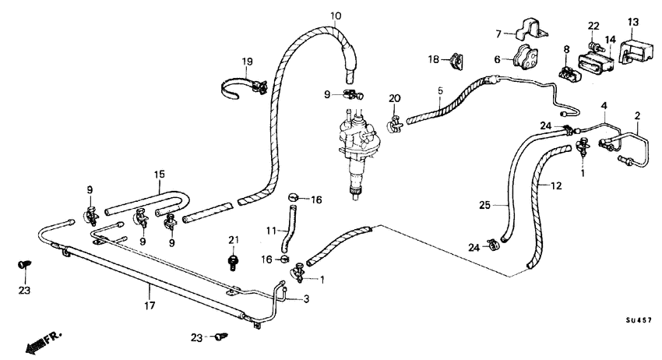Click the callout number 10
[x=336, y=16]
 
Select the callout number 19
[x=247, y=62]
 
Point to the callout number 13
[x=632, y=21]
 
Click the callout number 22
[x=593, y=26]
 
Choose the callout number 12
[x=555, y=186]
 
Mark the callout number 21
[x=232, y=239]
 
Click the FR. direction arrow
[x=42, y=341]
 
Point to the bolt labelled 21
[x=232, y=259]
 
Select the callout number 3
[x=306, y=298]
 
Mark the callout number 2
[x=637, y=117]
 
